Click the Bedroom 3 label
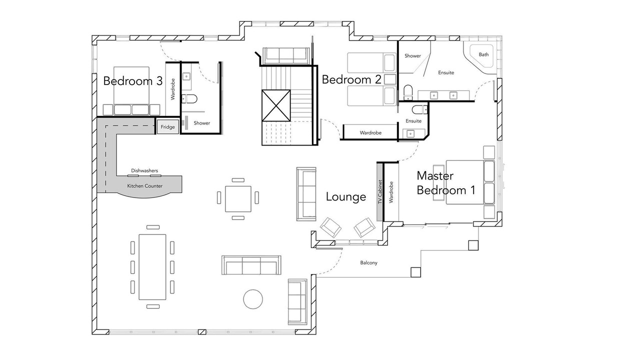pos(133,81)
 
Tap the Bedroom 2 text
pos(351,79)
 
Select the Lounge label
pos(345,197)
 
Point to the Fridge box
pos(167,127)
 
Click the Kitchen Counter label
pos(144,186)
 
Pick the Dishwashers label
pos(144,170)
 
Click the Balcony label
pos(368,263)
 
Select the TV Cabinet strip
pos(380,191)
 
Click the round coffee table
pos(253,299)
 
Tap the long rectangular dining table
pos(152,267)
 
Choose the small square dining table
pos(238,199)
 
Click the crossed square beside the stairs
pos(276,105)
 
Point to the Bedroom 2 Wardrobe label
pos(370,133)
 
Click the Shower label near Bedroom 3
pos(201,123)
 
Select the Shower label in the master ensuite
pos(412,56)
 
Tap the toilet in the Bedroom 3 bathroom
pos(189,99)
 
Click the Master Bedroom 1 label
pos(445,183)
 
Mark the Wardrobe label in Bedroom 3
pos(173,89)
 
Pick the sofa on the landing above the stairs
pos(286,55)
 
